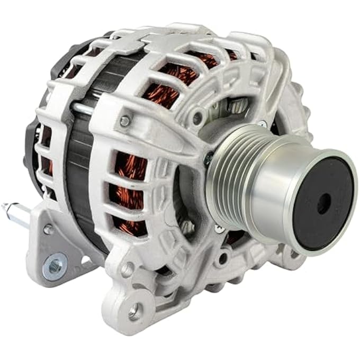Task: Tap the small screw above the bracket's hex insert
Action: pos(49,229)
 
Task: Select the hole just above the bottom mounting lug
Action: pos(128,268)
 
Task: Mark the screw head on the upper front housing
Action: pos(125,121)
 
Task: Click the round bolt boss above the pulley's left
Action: pos(198,117)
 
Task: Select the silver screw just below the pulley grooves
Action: pos(218,228)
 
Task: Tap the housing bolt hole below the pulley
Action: pos(223,258)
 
